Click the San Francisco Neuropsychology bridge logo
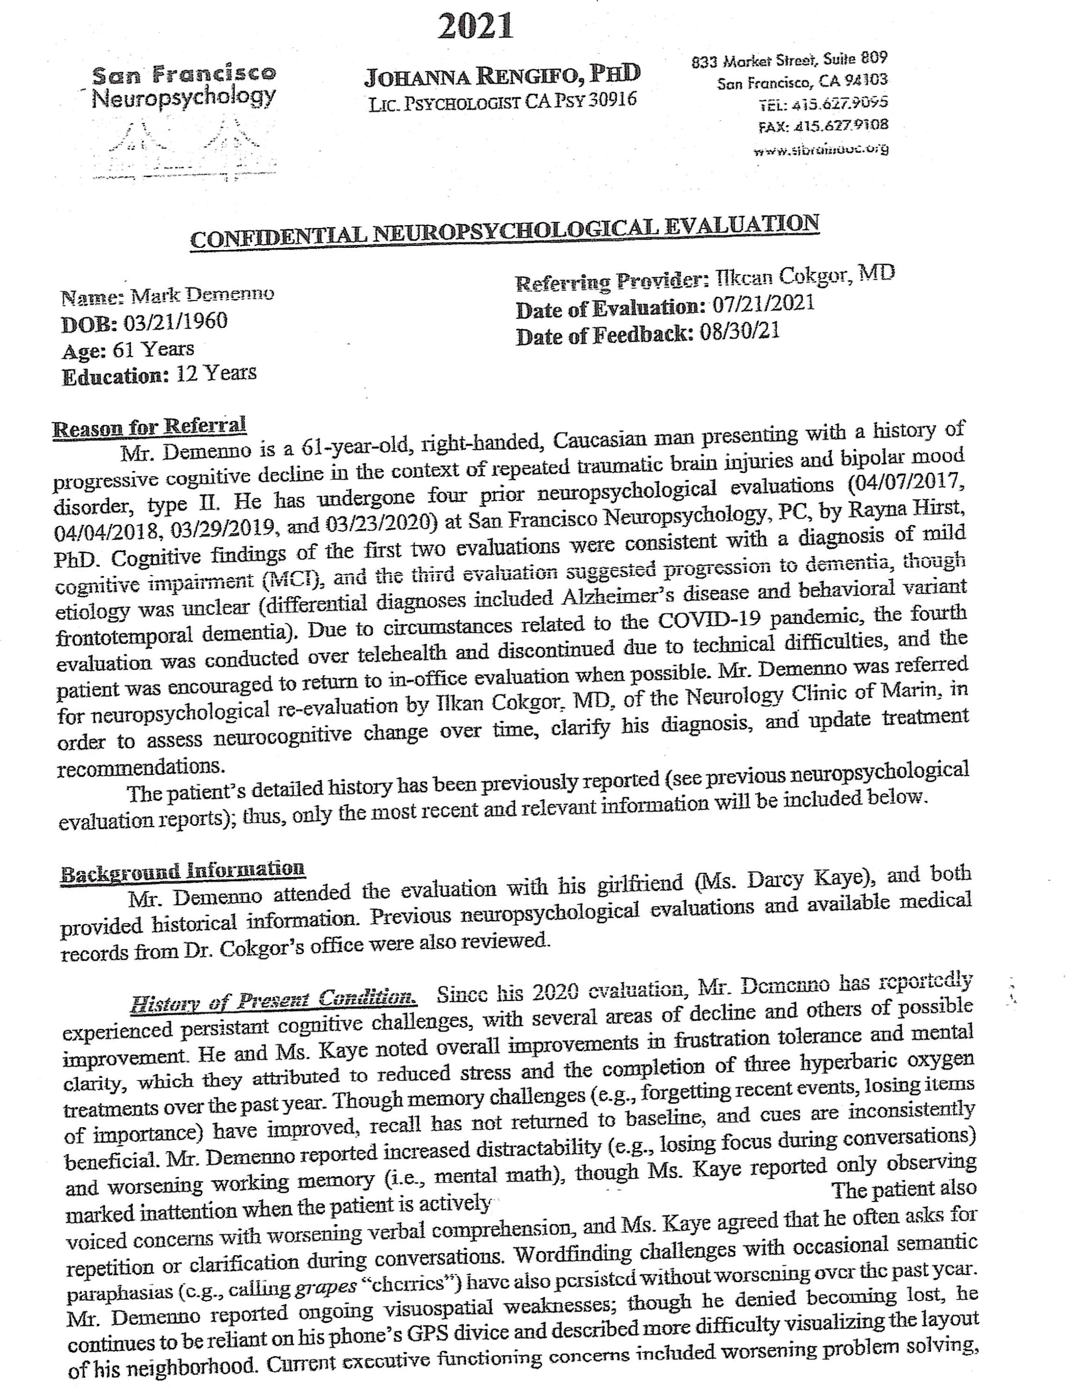[184, 149]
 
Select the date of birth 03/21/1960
[175, 321]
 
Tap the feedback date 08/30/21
[739, 331]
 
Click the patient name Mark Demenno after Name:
[202, 295]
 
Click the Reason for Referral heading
[149, 427]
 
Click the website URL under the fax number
[820, 150]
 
